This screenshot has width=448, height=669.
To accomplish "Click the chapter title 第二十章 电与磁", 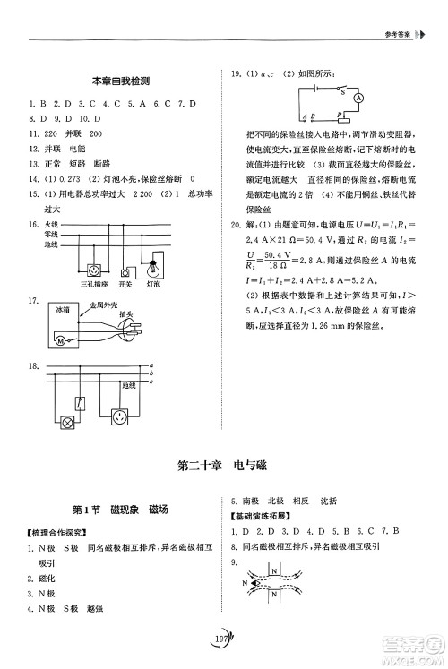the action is [223, 466].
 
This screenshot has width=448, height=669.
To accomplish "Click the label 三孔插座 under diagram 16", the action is [93, 285].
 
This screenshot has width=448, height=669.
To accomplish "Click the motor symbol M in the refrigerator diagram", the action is [61, 341].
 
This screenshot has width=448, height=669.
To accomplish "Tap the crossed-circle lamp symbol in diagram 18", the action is [65, 424].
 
